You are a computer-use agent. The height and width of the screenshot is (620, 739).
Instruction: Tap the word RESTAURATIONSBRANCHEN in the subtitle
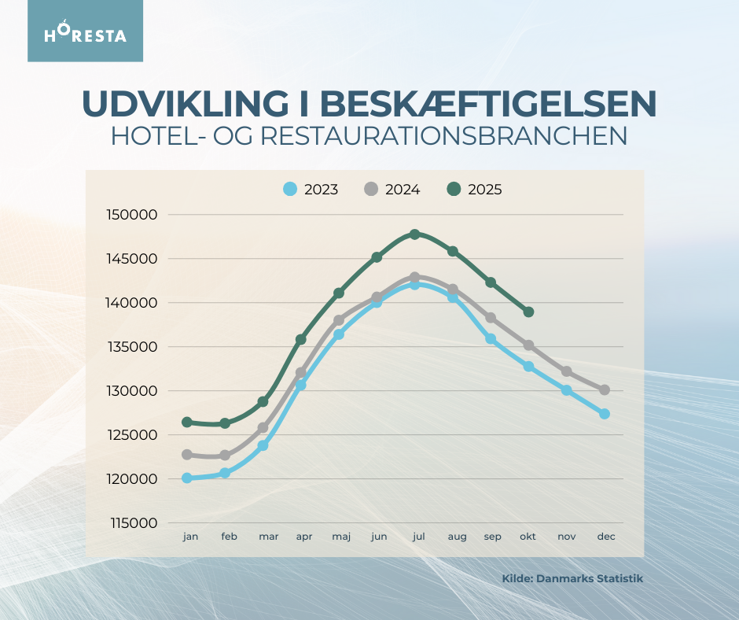443,135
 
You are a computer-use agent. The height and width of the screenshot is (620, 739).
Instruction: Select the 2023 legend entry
311,190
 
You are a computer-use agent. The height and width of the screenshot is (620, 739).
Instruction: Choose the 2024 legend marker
372,190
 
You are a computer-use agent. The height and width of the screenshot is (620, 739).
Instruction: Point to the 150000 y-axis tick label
132,215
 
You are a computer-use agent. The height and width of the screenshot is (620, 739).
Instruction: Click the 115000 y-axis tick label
132,523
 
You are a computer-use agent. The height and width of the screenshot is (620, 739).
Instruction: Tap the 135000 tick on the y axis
132,347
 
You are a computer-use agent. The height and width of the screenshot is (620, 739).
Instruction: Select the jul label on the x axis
418,537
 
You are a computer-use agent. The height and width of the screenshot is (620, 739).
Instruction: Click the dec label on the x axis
605,537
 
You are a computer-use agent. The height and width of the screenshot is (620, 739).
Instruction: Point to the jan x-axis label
190,537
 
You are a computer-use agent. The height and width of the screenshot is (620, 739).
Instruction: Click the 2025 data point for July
415,234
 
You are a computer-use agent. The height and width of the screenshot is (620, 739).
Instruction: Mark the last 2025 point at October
528,312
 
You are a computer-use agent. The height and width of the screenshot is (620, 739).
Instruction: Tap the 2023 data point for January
187,478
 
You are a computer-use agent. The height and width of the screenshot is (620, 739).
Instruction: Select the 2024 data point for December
605,389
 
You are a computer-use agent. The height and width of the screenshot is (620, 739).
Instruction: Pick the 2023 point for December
605,414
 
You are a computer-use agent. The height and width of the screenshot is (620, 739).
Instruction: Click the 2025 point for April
301,339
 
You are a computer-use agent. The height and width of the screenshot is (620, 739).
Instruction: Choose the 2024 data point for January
187,455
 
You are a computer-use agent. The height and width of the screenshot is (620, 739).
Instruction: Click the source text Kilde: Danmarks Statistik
572,578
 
